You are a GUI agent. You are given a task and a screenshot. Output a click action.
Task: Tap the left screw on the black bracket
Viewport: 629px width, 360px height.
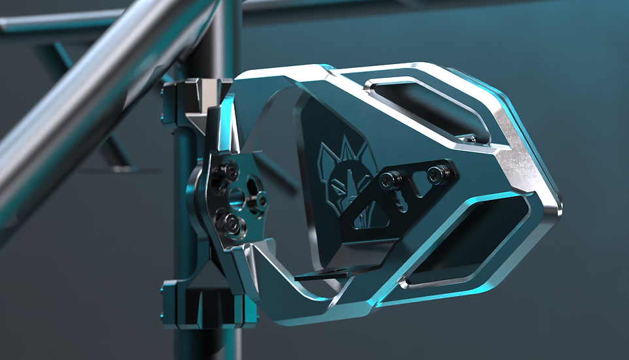pyautogui.click(x=390, y=178)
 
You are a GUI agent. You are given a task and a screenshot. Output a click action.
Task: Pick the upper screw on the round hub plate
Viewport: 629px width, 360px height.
pyautogui.click(x=227, y=171)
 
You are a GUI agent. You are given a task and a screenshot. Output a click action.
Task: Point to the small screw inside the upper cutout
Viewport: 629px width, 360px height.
pyautogui.click(x=469, y=139)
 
